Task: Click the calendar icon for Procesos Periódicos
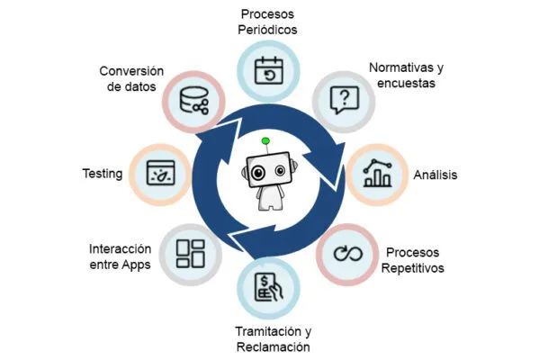[x=268, y=70]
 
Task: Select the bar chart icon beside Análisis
[x=375, y=172]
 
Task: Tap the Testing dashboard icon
[x=160, y=172]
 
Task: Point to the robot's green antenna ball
[x=265, y=141]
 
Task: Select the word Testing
[x=101, y=174]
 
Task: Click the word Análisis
[x=434, y=175]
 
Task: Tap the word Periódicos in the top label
[x=267, y=30]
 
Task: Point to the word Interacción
[x=119, y=248]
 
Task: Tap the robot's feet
[x=266, y=205]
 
